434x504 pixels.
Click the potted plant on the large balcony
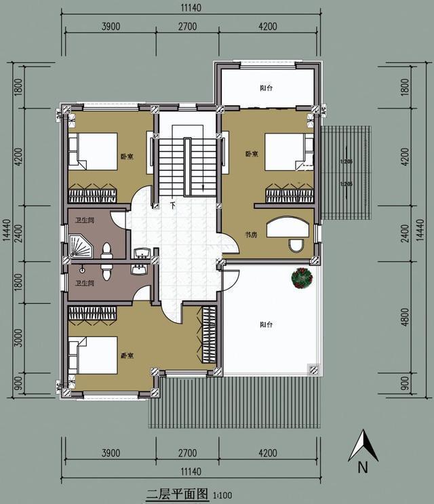[x=301, y=278]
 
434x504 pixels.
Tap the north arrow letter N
[x=363, y=467]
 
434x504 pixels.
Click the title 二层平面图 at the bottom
[x=178, y=494]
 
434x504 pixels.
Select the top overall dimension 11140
[x=190, y=9]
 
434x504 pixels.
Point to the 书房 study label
[x=251, y=235]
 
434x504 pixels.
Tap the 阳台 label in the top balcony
[x=267, y=88]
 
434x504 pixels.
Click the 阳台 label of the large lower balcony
[x=266, y=325]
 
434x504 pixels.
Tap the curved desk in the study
[x=288, y=225]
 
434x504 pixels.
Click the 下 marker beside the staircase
[x=173, y=204]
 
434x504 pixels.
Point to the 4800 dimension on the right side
[x=405, y=317]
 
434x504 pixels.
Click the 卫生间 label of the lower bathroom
[x=85, y=284]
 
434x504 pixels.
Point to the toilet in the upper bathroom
[x=106, y=251]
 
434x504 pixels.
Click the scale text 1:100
[x=221, y=495]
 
